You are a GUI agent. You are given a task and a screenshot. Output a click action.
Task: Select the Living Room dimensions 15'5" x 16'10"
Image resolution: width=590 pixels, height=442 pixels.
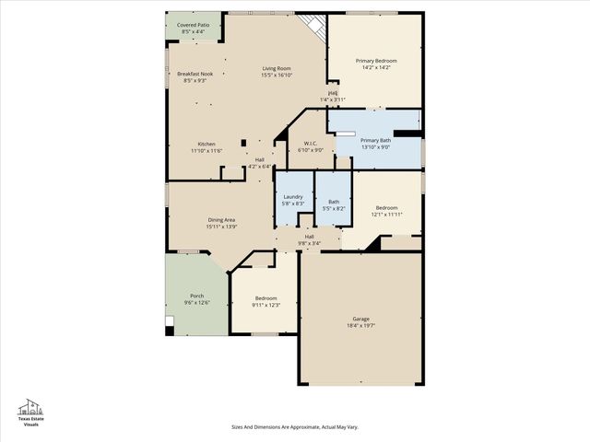pos(276,76)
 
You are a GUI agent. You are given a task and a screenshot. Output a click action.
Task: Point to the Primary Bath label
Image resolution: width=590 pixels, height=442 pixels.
pos(375,140)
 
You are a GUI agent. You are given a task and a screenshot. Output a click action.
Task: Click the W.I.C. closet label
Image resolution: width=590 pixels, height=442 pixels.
pos(311,143)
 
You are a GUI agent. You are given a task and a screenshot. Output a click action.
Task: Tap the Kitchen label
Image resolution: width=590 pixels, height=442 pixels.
pos(206,144)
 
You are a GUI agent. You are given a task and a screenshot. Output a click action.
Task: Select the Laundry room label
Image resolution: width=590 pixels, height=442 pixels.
pos(293,197)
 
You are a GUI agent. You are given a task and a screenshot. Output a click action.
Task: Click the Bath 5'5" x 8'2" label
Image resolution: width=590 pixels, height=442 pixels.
pos(333,202)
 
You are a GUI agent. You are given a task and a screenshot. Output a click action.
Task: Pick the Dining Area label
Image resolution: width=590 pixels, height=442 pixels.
pos(221,219)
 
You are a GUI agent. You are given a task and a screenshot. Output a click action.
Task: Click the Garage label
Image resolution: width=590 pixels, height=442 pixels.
pos(360,320)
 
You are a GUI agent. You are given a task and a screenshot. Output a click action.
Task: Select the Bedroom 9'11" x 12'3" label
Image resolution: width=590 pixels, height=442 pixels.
pos(265,298)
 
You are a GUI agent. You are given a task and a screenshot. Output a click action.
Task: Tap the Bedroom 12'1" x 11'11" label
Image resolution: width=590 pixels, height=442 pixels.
pos(385,207)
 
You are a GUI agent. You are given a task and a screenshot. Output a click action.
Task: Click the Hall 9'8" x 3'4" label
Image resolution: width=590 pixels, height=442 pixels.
pos(310,237)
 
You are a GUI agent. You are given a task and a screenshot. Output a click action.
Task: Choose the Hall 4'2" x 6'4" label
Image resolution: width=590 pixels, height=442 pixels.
pos(260,160)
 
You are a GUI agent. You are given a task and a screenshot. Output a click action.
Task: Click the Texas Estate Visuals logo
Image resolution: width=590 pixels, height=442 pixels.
pos(31,413)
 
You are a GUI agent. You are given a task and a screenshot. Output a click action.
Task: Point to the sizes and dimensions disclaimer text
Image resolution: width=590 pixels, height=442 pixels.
pos(294,426)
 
